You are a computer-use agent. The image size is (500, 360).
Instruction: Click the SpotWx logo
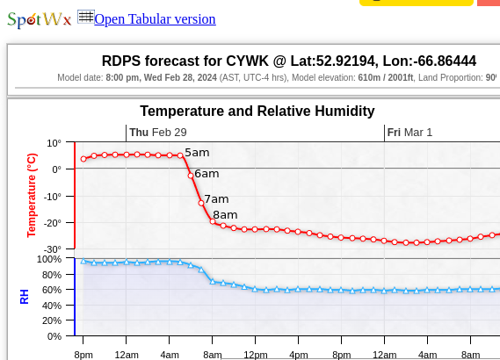[x=40, y=20]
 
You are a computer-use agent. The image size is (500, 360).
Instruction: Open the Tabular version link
[x=155, y=19]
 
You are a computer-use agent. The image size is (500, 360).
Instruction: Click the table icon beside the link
[x=86, y=17]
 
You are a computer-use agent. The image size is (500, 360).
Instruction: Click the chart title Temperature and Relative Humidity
[x=257, y=112]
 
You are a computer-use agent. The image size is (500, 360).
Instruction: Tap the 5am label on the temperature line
[x=197, y=153]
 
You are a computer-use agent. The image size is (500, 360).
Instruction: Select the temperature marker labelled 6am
[x=191, y=176]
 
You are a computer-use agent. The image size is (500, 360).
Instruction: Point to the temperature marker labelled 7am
[x=201, y=203]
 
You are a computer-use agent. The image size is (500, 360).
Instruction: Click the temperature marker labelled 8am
[x=213, y=221]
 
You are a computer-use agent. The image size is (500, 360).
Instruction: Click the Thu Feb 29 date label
[x=158, y=133]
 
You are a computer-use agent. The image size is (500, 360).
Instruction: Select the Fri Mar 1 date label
[x=409, y=133]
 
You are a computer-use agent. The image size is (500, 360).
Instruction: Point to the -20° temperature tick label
[x=52, y=223]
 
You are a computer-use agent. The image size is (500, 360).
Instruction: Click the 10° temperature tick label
[x=54, y=143]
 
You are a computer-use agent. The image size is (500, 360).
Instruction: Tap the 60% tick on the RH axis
[x=52, y=290]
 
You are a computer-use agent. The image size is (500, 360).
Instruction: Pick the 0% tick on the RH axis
[x=54, y=336]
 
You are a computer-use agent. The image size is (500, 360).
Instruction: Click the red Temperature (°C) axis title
[x=32, y=195]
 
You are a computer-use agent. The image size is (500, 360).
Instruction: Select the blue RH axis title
[x=25, y=297]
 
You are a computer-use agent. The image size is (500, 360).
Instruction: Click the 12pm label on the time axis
[x=256, y=355]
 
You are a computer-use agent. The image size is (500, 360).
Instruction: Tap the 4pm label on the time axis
[x=299, y=355]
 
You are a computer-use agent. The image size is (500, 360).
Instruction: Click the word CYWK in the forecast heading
[x=247, y=61]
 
